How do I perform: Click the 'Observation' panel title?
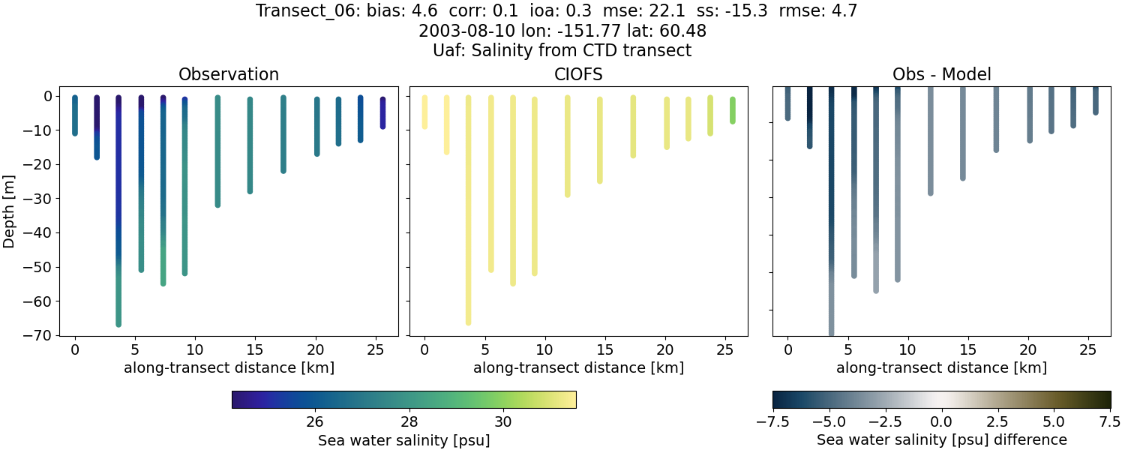tap(229, 74)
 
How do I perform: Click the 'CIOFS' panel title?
tap(578, 74)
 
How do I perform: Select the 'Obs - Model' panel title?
tap(941, 74)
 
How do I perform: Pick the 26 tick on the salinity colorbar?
tap(314, 421)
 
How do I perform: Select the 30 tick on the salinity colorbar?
tap(503, 421)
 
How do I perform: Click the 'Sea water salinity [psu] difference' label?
tap(941, 439)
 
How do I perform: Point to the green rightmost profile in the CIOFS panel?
tap(733, 110)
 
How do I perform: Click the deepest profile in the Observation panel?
tap(118, 225)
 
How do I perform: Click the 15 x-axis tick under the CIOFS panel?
tap(604, 349)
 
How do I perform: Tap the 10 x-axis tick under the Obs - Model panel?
tap(907, 349)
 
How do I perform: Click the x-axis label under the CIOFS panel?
tap(578, 367)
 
